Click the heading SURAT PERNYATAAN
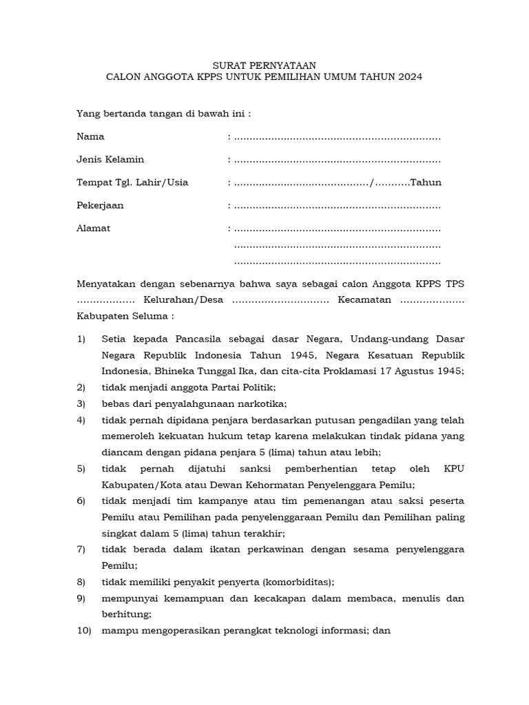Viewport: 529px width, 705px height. [264, 65]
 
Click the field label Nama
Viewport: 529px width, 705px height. [90, 137]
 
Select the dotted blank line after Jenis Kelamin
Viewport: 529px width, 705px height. [337, 160]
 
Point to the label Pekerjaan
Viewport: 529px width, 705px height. [100, 206]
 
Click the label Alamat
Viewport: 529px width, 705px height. [93, 229]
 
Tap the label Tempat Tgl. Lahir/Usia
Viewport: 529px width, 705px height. [132, 183]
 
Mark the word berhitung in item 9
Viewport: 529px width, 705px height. [126, 614]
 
